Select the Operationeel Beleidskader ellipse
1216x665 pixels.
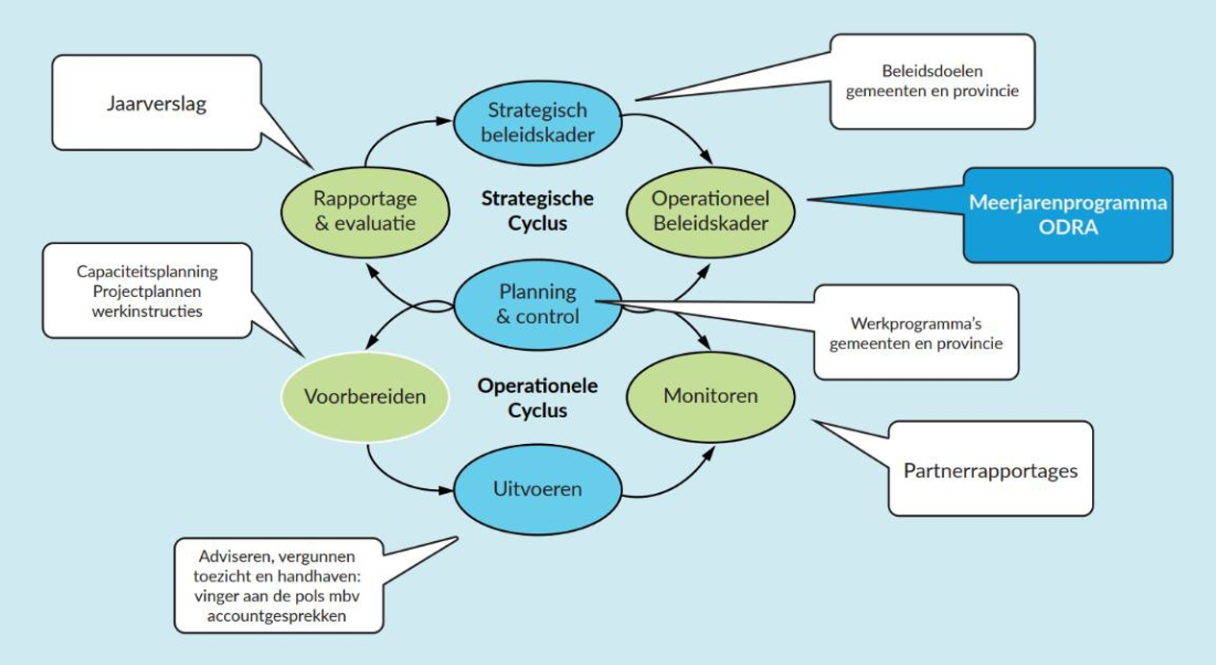tap(710, 210)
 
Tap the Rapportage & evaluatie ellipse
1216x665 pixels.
tap(364, 210)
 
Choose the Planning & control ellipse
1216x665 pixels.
tap(537, 303)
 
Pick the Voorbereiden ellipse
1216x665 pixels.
tap(364, 396)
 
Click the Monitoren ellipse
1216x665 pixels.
tap(710, 396)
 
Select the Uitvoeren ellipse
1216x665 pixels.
tap(537, 488)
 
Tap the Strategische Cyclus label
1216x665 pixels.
tap(537, 210)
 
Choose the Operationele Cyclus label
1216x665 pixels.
tap(537, 398)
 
